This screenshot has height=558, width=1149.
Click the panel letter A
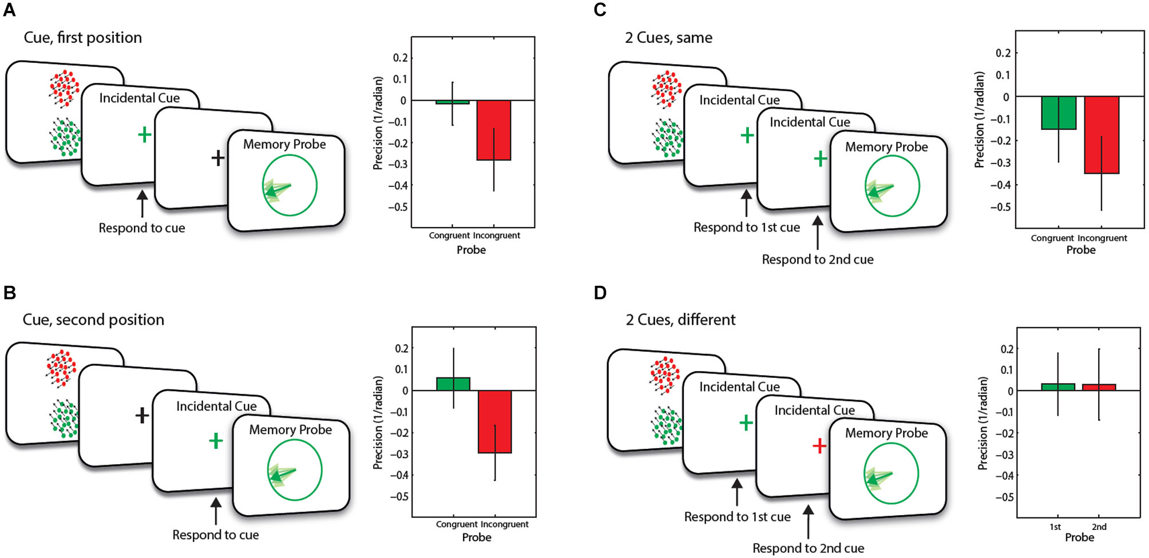coord(9,10)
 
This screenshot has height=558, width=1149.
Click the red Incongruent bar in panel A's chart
coord(493,130)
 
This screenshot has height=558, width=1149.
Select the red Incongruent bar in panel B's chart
coord(494,422)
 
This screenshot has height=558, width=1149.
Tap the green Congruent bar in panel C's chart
coord(1058,113)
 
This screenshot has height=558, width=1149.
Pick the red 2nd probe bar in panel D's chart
coord(1099,387)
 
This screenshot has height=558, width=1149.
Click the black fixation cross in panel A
coord(217,158)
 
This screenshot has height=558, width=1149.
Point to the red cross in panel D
coord(819,445)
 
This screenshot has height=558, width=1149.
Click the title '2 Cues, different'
coord(680,320)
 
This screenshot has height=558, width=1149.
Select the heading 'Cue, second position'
coord(93,320)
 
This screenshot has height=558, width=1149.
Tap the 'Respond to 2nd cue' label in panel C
coord(817,260)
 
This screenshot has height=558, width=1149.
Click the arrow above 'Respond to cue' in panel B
coord(216,511)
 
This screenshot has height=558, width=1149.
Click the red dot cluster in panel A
coord(64,88)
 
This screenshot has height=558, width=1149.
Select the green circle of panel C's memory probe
coord(892,186)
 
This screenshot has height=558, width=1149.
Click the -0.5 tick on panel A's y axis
coord(398,207)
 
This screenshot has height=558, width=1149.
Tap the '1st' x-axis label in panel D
coord(1055,527)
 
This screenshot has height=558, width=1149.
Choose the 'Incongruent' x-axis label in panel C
coord(1103,238)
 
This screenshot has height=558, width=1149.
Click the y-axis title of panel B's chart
coord(378,423)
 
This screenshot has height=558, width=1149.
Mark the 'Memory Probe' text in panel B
coord(290,429)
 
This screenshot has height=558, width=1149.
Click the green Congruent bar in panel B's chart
coord(453,384)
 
